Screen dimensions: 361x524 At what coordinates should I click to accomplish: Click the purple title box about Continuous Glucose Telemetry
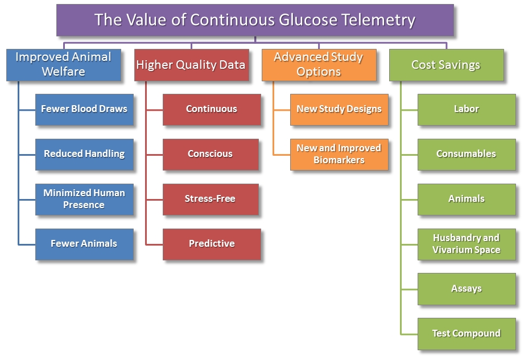255,20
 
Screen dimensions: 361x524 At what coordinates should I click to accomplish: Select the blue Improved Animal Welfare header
63,64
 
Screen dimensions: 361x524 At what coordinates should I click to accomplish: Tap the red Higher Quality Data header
191,64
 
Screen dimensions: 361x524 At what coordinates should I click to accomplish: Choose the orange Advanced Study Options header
319,64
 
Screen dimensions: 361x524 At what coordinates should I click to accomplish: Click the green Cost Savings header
446,64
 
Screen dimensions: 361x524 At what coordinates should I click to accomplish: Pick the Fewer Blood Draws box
84,109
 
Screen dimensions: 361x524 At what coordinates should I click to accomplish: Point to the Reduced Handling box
84,154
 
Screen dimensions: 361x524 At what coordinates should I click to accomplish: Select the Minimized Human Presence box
84,199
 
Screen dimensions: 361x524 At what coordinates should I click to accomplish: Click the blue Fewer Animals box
84,244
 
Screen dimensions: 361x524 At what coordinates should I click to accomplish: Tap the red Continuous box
212,109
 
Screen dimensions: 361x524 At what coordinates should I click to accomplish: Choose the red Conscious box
211,154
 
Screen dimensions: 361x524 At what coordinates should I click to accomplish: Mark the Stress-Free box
211,199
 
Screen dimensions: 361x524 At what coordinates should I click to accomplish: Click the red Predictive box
212,244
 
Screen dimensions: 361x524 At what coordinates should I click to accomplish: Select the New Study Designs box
339,109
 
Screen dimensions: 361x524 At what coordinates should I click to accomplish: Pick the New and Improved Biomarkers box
339,154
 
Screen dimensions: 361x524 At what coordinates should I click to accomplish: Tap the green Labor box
467,109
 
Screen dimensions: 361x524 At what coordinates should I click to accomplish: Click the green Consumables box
467,154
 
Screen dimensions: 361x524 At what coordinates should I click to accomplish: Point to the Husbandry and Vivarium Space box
467,244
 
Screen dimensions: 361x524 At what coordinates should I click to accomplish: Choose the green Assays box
467,289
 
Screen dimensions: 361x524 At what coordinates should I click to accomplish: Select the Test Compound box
467,334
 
